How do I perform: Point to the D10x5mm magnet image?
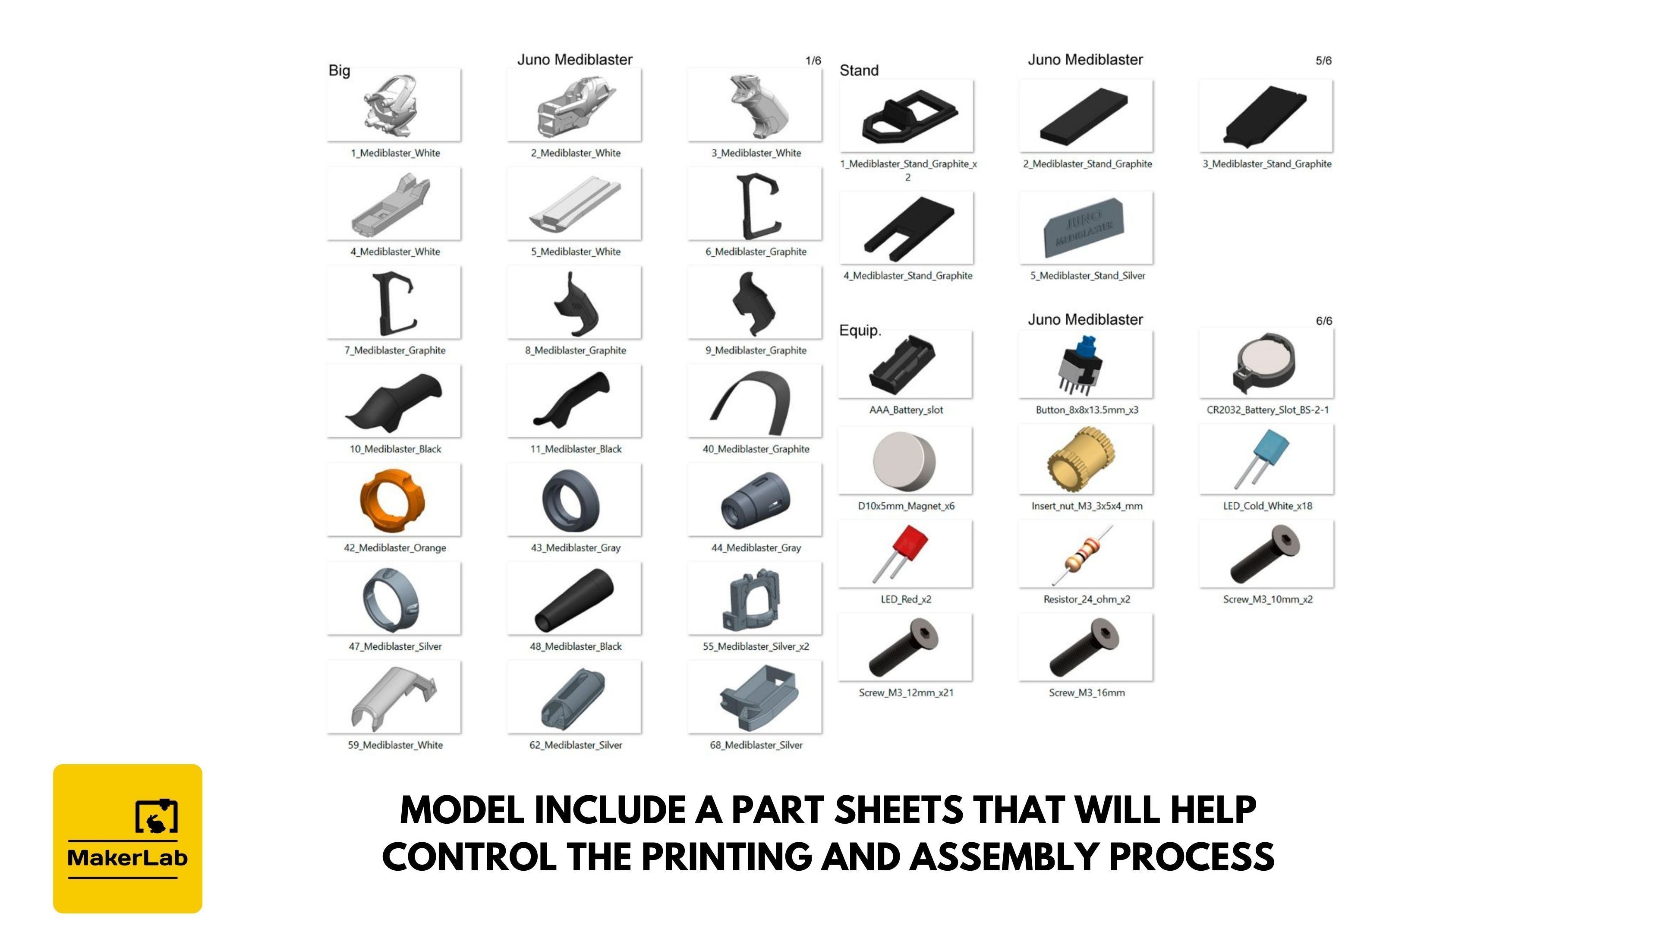click(x=904, y=460)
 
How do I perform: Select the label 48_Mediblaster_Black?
click(x=576, y=646)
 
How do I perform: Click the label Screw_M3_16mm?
click(x=1087, y=693)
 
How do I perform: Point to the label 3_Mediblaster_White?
click(x=756, y=153)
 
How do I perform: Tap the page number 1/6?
click(x=813, y=60)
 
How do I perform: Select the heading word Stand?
click(x=859, y=70)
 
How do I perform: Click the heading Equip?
click(x=860, y=331)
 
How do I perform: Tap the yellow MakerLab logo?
click(x=127, y=839)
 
